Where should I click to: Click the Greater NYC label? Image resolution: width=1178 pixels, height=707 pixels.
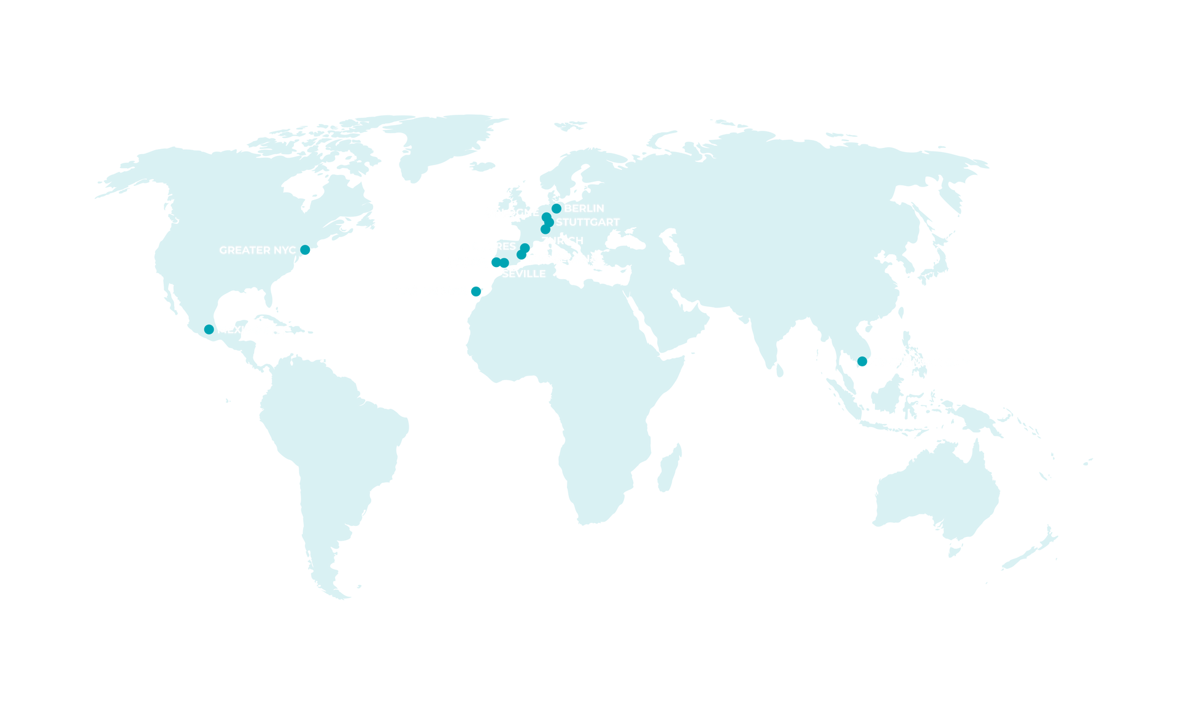pos(257,250)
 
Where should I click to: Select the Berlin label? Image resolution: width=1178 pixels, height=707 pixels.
pos(584,209)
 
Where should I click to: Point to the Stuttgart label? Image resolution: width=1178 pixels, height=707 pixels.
pos(588,222)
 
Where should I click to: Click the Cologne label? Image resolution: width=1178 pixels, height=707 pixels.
pos(512,212)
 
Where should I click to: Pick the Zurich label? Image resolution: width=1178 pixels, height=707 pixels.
pos(562,241)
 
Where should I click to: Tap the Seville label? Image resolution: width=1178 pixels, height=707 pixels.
pos(523,274)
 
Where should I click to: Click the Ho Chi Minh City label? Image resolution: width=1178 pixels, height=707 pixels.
pos(920,362)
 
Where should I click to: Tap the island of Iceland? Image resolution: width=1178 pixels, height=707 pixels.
pos(482,166)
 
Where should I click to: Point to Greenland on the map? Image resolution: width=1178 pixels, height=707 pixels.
pos(442,141)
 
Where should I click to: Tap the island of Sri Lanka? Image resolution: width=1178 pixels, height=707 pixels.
pos(780,372)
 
